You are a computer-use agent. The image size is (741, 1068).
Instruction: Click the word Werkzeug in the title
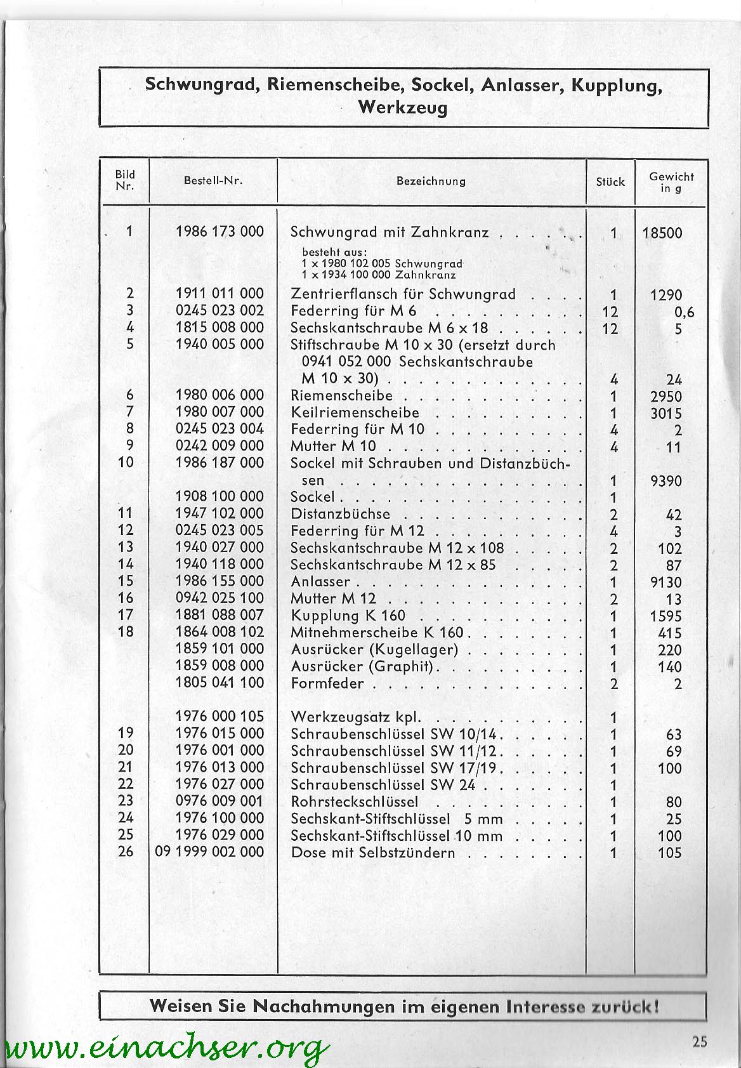point(403,107)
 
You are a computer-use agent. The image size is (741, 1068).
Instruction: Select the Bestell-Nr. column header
point(213,180)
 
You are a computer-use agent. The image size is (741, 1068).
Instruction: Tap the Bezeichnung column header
point(431,181)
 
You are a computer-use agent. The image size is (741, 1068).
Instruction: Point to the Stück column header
point(610,181)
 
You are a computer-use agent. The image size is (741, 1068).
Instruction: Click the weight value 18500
point(662,233)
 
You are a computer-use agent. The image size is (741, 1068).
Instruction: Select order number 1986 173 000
point(220,232)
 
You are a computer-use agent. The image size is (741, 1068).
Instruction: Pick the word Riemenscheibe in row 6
point(341,396)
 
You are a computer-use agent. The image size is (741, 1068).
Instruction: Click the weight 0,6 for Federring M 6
point(685,312)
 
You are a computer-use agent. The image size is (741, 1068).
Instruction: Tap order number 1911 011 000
point(220,294)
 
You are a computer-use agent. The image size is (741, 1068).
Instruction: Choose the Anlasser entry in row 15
point(320,582)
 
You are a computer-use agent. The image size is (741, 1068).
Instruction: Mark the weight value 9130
point(666,583)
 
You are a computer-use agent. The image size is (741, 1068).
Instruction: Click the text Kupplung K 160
point(348,616)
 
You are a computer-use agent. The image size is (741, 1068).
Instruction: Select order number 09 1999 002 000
point(209,852)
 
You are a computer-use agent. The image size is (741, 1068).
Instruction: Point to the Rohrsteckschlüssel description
point(355,801)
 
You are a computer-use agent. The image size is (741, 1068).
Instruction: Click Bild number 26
point(126,851)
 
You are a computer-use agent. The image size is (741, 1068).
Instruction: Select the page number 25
point(700,1041)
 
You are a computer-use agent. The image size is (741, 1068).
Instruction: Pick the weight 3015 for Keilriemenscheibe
point(666,414)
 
